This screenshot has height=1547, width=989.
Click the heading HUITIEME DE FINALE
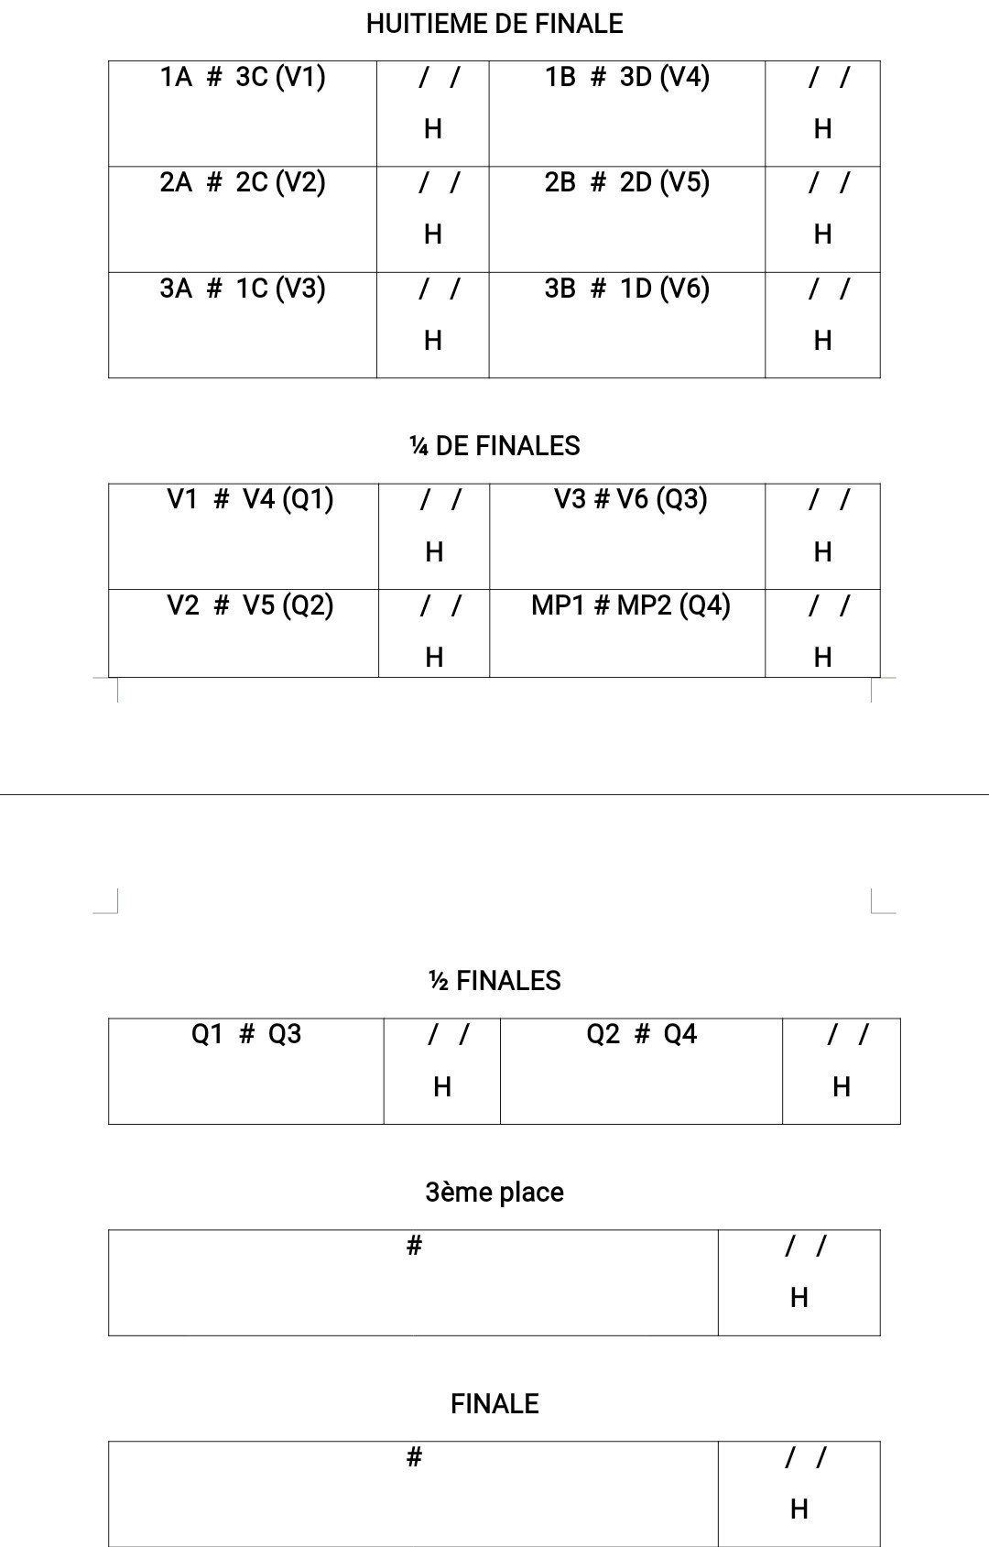click(494, 24)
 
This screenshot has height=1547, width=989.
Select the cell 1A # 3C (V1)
click(243, 77)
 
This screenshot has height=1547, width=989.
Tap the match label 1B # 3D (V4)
click(627, 77)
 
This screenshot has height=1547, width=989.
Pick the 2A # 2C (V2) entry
click(243, 183)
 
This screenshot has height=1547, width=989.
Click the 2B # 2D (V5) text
click(627, 183)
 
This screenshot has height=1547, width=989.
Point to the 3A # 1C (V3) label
click(243, 289)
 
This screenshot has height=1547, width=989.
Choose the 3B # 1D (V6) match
click(627, 289)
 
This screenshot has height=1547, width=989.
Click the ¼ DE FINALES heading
click(494, 446)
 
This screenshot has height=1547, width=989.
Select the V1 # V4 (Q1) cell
click(250, 500)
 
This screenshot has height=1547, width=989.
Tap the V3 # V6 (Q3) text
click(631, 500)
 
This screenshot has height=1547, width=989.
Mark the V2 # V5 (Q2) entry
click(250, 605)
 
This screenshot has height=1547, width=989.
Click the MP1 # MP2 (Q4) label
click(631, 605)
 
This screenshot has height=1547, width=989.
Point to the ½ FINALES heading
click(494, 981)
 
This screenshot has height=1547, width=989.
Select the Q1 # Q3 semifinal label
click(245, 1034)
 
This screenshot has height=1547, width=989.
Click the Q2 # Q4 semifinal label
click(642, 1034)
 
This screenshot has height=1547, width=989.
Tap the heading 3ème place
click(494, 1193)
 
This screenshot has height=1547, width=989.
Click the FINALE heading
click(494, 1404)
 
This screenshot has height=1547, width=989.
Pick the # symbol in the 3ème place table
click(414, 1245)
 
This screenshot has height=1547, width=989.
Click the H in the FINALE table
click(799, 1509)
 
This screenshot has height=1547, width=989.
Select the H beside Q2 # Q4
click(842, 1087)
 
